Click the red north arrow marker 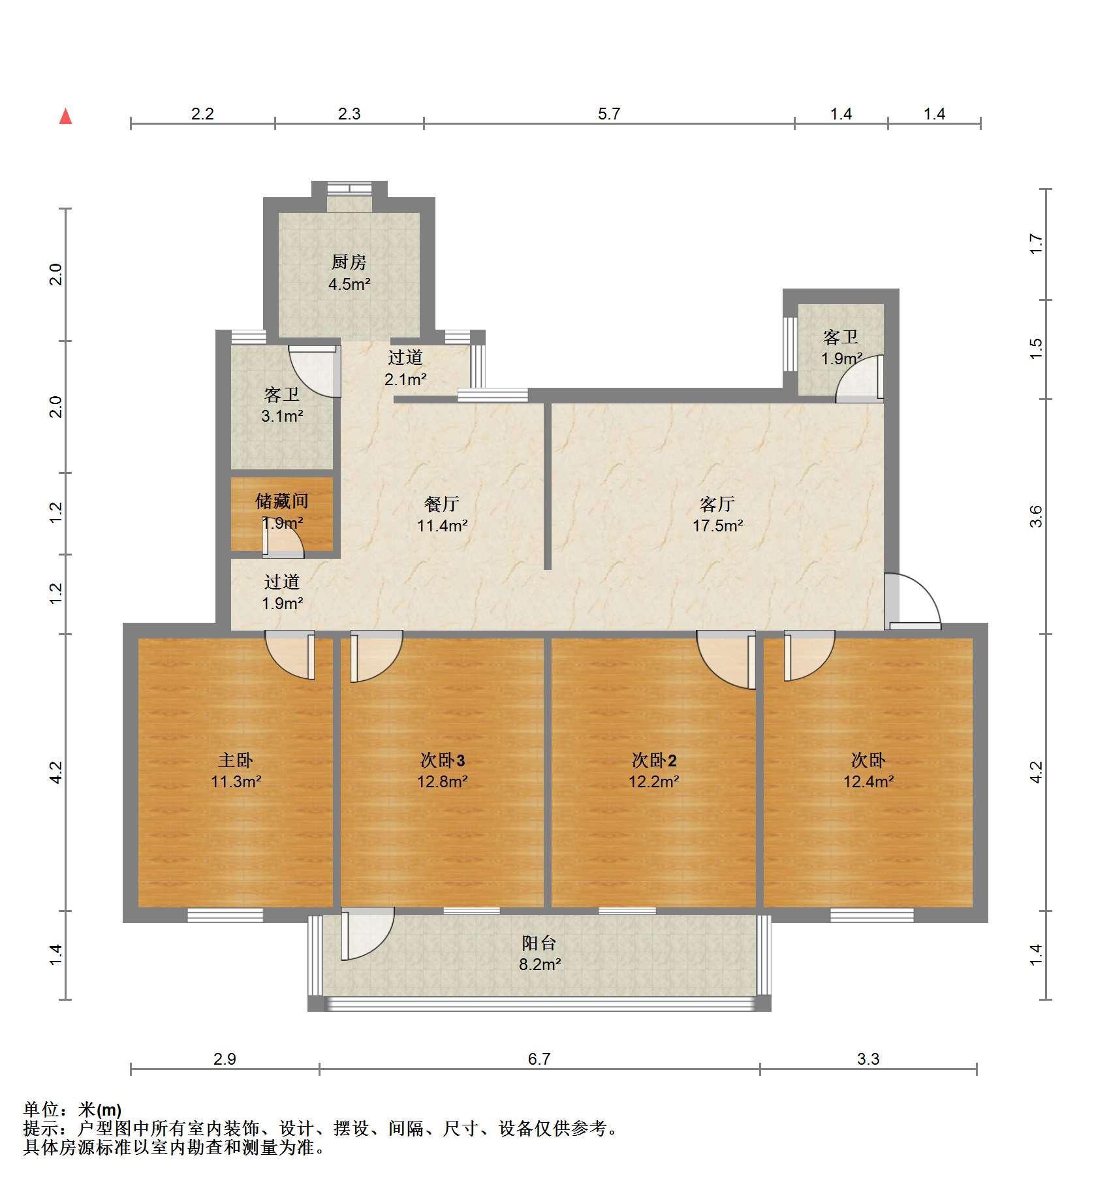pos(65,116)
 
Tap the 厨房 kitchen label pos(349,262)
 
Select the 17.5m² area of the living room pos(718,525)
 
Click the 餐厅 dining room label pos(442,504)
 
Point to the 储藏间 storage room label pos(282,501)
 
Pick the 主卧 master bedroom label pos(236,760)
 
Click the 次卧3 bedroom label pos(442,760)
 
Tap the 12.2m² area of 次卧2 pos(654,781)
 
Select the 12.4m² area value pos(869,781)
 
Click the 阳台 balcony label pos(539,943)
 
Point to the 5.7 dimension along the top pos(609,114)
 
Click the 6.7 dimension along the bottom pos(539,1059)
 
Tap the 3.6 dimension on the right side pos(1036,516)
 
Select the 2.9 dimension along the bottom pos(225,1059)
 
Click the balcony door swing pos(368,933)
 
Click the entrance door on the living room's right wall pos(913,602)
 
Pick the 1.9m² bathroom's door pos(860,377)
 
